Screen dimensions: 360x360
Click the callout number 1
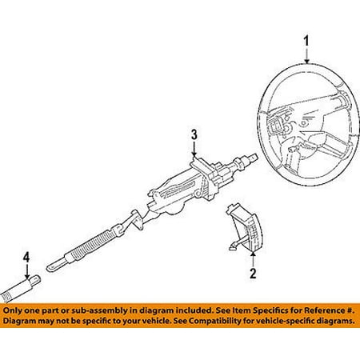[306, 42]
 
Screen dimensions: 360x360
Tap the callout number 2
[253, 273]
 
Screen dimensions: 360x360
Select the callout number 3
[194, 134]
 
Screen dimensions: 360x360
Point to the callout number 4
[26, 257]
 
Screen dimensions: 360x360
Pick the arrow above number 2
[253, 258]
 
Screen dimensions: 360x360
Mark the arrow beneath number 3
[194, 150]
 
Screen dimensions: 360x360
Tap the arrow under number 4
[26, 271]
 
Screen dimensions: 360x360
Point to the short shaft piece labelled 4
[20, 290]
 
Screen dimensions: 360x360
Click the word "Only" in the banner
[12, 310]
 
